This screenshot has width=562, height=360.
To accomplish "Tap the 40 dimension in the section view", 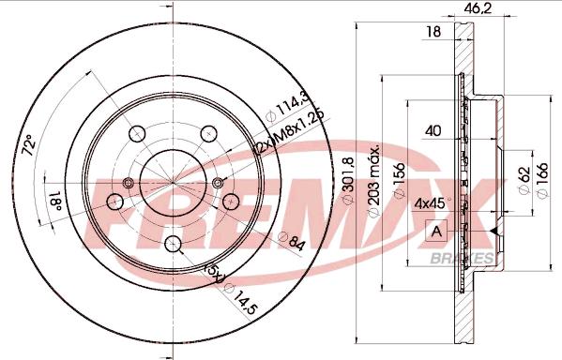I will pyautogui.click(x=433, y=131).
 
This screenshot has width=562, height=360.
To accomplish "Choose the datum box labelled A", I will pyautogui.click(x=436, y=230).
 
